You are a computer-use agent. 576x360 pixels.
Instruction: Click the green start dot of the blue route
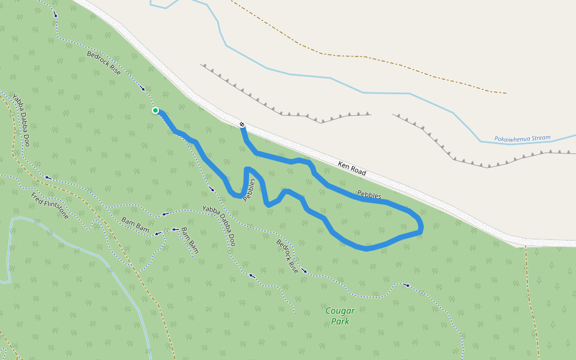155,110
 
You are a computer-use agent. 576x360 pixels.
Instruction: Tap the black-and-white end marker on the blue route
242,125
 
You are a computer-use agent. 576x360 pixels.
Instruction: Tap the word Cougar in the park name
340,311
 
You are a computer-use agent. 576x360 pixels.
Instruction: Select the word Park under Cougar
340,322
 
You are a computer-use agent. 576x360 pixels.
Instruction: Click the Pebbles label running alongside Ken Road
369,194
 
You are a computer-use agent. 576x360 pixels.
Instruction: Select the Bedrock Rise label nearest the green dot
104,63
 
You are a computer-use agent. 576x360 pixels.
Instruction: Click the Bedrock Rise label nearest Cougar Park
287,256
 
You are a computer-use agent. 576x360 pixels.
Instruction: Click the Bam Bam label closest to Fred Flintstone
134,224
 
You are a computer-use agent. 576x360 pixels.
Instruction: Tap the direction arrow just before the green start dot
143,88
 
